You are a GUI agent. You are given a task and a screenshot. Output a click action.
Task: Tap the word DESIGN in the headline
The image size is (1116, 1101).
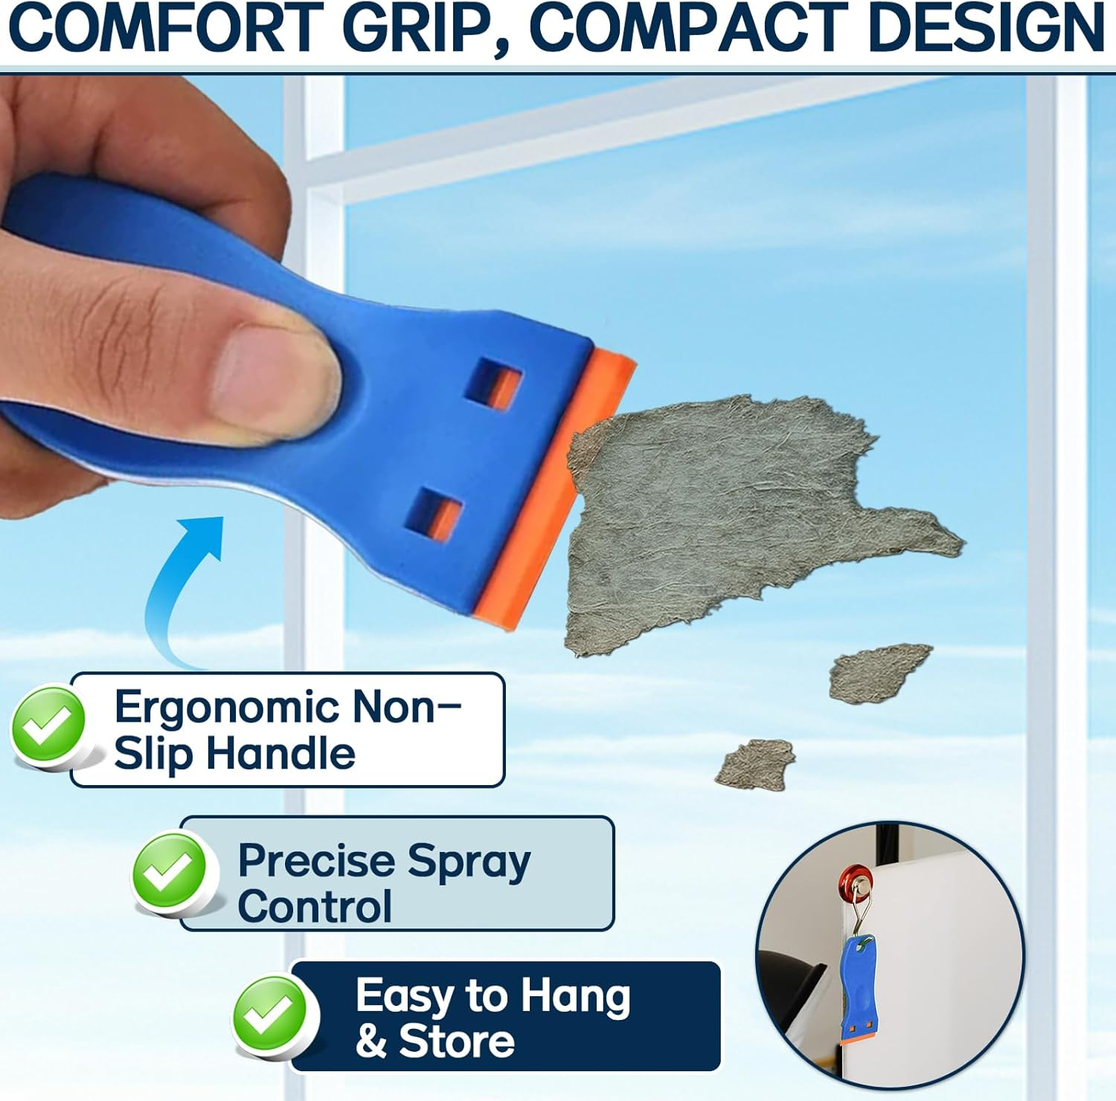pyautogui.click(x=986, y=28)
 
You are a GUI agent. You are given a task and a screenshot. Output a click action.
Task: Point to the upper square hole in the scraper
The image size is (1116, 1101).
pyautogui.click(x=493, y=384)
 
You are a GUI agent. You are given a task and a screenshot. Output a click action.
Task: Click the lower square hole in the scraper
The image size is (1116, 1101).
pyautogui.click(x=435, y=514)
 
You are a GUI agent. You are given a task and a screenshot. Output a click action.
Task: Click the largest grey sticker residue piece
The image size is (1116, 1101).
pyautogui.click(x=729, y=513)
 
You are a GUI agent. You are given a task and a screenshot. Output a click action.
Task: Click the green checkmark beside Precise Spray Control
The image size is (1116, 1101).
pyautogui.click(x=170, y=872)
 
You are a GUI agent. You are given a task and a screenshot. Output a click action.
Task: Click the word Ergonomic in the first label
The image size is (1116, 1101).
pyautogui.click(x=226, y=706)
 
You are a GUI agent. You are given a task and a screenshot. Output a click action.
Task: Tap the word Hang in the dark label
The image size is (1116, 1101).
pyautogui.click(x=574, y=995)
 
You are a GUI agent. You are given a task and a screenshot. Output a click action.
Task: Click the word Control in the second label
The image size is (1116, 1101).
pyautogui.click(x=315, y=907)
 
